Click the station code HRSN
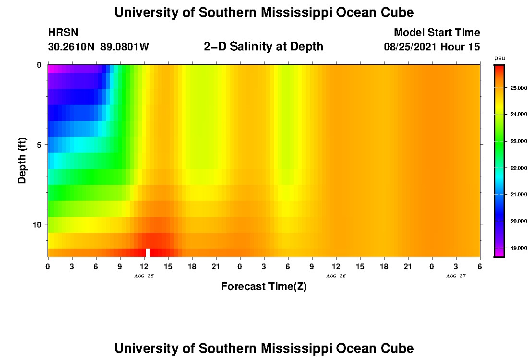tap(63, 33)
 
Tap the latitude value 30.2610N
tap(72, 47)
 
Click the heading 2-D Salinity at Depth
tap(264, 47)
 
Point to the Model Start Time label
tap(437, 33)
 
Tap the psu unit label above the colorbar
tap(500, 58)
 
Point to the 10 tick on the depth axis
tap(38, 225)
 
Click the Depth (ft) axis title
tap(22, 161)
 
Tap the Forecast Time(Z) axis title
tap(264, 287)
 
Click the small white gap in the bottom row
tap(148, 252)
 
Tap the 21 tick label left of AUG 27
tap(408, 267)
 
